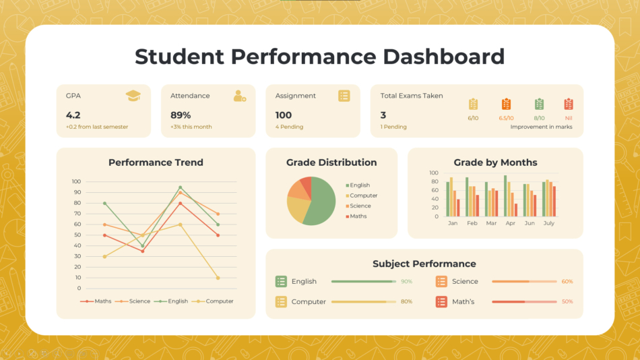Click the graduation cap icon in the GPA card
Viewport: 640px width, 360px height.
click(x=133, y=96)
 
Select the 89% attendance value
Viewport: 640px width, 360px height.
click(x=181, y=115)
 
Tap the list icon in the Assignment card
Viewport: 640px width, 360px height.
click(x=344, y=96)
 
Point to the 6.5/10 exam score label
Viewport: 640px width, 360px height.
click(x=506, y=118)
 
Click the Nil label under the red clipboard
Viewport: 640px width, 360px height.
click(x=569, y=118)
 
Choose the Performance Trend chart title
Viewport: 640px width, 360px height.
click(x=156, y=162)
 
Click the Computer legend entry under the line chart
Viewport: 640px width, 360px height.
click(x=219, y=301)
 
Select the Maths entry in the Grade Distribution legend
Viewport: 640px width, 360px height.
click(x=358, y=216)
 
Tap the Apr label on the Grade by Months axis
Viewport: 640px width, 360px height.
click(x=511, y=223)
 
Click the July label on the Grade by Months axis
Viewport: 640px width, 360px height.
click(x=548, y=223)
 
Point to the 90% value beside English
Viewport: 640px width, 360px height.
click(x=406, y=282)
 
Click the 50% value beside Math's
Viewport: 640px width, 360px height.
click(x=567, y=302)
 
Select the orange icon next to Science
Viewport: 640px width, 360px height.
click(x=441, y=282)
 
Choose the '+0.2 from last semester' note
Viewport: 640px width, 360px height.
click(x=97, y=127)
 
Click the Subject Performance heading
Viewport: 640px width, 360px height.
click(x=424, y=264)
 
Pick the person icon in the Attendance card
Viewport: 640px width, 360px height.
click(x=239, y=96)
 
